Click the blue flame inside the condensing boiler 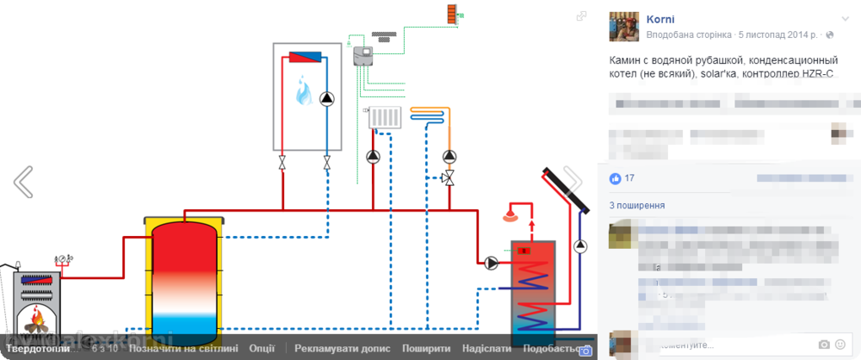(x=304, y=90)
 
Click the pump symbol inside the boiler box (x=327, y=98)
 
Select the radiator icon (x=385, y=118)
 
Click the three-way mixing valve (x=448, y=177)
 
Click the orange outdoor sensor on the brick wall (x=453, y=14)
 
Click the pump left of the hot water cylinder (x=491, y=263)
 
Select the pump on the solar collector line (x=581, y=246)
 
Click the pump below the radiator (x=373, y=157)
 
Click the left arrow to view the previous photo (x=23, y=182)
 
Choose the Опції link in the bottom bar (x=262, y=349)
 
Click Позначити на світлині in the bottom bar (x=183, y=349)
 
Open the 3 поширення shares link (x=636, y=207)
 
